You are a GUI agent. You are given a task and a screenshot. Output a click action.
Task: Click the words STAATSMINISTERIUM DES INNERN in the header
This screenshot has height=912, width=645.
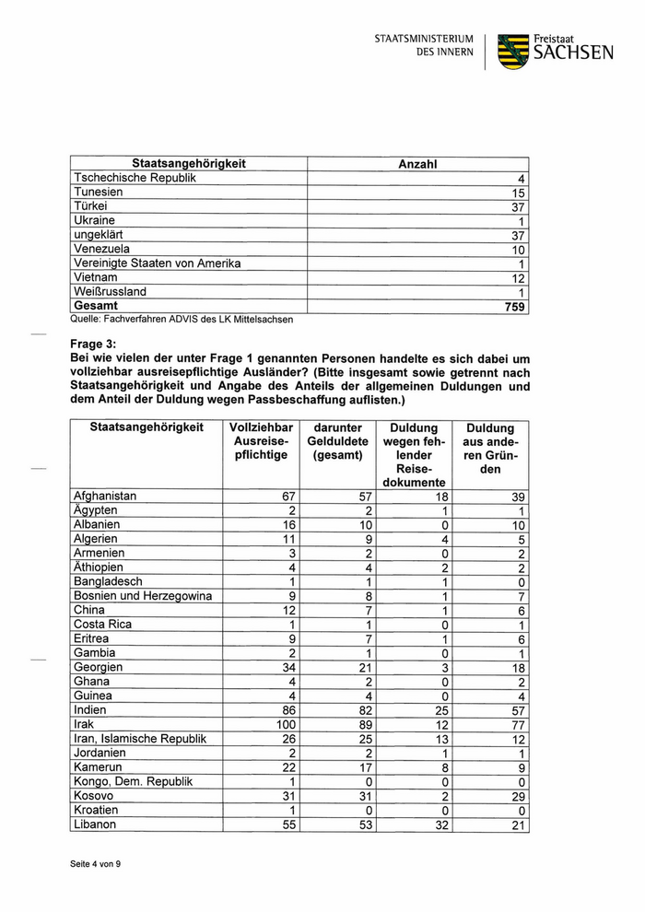click(424, 46)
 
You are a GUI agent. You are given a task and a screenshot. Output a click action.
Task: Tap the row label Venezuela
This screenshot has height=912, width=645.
click(101, 249)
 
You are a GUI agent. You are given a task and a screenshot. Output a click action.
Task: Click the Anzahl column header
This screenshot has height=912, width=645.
click(416, 164)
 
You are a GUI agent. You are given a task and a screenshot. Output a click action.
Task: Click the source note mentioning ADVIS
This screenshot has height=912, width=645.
click(182, 320)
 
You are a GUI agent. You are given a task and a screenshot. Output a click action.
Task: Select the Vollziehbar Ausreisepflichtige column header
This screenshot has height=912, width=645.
click(260, 442)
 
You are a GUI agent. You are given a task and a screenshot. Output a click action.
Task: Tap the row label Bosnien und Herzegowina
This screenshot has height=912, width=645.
click(142, 596)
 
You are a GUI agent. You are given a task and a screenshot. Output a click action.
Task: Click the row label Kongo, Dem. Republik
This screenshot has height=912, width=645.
click(133, 782)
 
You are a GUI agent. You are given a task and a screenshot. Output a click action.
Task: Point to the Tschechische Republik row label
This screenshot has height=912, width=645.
click(135, 178)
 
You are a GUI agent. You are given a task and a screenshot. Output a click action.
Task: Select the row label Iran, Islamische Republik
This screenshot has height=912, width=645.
click(139, 739)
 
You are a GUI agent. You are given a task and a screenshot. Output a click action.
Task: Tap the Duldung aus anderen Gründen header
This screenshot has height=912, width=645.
click(490, 449)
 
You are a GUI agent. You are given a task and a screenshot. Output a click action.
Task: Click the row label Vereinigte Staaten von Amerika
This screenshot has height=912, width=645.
click(157, 263)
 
